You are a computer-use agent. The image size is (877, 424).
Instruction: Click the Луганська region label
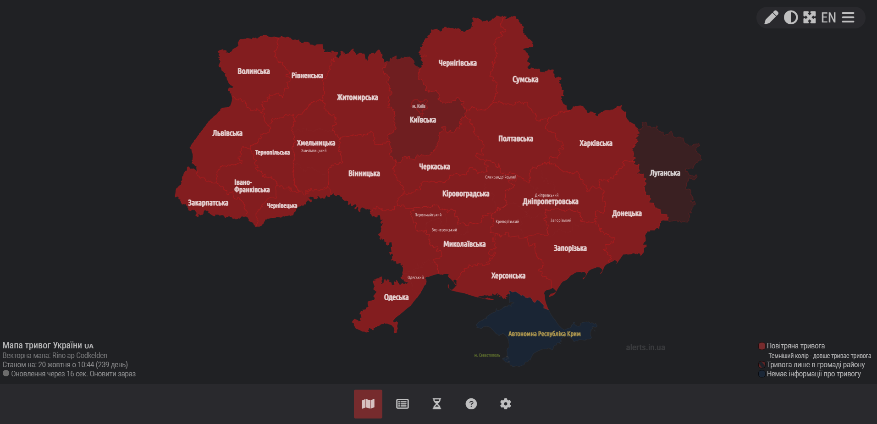click(665, 173)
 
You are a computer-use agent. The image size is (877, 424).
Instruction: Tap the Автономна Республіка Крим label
click(544, 334)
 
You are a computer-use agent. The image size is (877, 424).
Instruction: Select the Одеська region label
click(396, 297)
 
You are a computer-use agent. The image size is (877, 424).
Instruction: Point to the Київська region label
click(423, 120)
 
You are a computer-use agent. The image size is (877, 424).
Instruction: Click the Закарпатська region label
click(208, 203)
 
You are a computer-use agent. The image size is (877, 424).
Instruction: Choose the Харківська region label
click(596, 143)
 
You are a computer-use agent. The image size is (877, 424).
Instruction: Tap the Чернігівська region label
click(458, 63)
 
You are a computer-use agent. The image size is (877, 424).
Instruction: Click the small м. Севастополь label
click(487, 355)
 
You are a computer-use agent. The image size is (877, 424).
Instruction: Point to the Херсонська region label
click(508, 276)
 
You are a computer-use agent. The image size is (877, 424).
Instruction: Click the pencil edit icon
click(771, 17)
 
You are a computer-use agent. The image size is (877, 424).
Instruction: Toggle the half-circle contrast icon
click(791, 17)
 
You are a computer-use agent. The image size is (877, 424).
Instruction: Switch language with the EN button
click(828, 17)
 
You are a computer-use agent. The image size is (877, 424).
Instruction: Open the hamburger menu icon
click(848, 17)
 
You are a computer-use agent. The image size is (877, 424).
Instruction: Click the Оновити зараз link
click(113, 374)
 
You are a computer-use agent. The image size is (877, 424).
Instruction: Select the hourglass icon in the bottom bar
click(437, 404)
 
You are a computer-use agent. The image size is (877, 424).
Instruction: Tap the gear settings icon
click(505, 404)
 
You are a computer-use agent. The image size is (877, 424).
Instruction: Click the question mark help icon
click(471, 404)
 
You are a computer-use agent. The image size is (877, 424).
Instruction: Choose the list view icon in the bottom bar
click(403, 404)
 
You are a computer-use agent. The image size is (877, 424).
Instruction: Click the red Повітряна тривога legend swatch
click(762, 346)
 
